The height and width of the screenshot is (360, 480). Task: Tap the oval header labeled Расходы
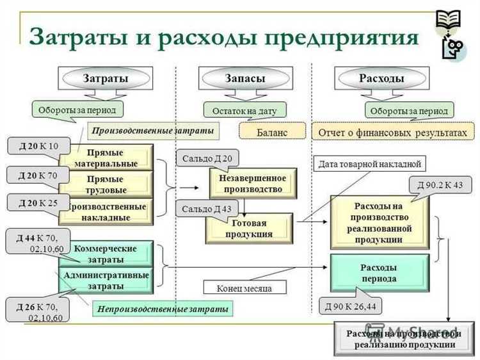pyautogui.click(x=381, y=78)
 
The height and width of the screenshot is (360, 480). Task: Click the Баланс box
pyautogui.click(x=273, y=132)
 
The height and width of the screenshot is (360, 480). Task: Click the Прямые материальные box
pyautogui.click(x=106, y=158)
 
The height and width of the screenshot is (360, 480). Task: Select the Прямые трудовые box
pyautogui.click(x=106, y=184)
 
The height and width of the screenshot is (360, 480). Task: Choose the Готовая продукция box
pyautogui.click(x=249, y=229)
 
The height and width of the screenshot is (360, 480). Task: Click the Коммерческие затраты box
pyautogui.click(x=106, y=254)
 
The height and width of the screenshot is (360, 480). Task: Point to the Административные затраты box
pyautogui.click(x=106, y=280)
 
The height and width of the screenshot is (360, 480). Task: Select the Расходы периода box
pyautogui.click(x=378, y=273)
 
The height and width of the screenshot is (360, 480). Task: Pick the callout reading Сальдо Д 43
pyautogui.click(x=206, y=209)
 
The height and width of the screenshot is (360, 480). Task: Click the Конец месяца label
pyautogui.click(x=244, y=288)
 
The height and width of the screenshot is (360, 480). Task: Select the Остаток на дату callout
pyautogui.click(x=244, y=110)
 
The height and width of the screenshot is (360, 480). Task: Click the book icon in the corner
pyautogui.click(x=448, y=19)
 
